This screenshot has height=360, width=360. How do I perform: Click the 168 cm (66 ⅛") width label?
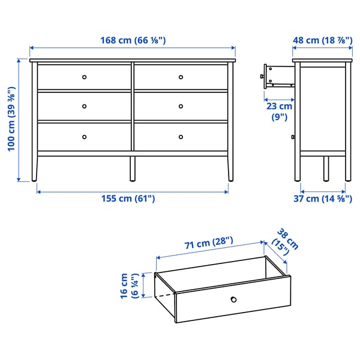[x=133, y=41]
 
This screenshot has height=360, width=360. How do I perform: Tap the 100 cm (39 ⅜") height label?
[x=11, y=120]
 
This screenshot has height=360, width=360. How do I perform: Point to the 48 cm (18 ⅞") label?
[x=322, y=41]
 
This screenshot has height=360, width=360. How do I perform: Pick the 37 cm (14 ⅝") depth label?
[x=323, y=199]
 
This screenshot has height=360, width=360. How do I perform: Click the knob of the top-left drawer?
[x=85, y=77]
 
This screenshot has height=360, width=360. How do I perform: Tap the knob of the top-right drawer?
[x=181, y=77]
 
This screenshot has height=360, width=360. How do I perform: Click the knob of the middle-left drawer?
[x=85, y=107]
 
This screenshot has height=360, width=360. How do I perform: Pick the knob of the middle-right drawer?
[x=181, y=107]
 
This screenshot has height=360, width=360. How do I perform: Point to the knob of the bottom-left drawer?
[x=85, y=137]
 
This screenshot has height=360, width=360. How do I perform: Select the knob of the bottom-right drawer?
[x=181, y=137]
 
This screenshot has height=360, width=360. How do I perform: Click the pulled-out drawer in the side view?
[x=277, y=74]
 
